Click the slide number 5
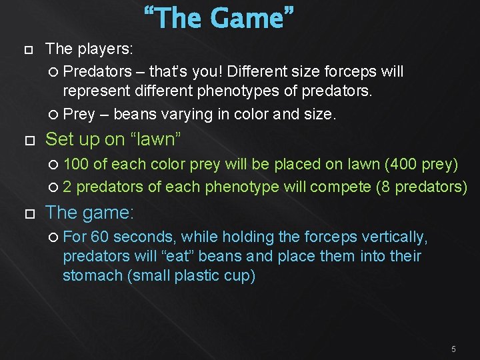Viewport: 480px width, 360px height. [453, 349]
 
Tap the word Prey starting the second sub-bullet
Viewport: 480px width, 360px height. [79, 114]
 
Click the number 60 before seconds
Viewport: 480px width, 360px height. [100, 237]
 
